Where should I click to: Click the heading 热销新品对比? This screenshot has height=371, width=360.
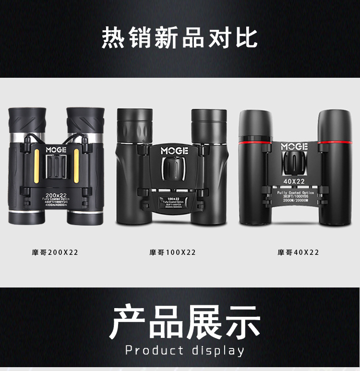[180, 37]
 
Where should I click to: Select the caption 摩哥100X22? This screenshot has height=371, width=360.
[172, 252]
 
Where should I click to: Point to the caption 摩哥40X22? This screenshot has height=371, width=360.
[298, 252]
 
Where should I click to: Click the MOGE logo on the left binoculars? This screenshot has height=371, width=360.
[57, 149]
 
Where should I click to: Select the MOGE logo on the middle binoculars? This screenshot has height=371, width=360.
[174, 151]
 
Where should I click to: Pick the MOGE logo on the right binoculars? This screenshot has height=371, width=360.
[294, 146]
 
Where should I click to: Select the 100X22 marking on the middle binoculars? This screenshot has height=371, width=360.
[174, 198]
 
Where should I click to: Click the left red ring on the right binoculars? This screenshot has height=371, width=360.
[256, 142]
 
